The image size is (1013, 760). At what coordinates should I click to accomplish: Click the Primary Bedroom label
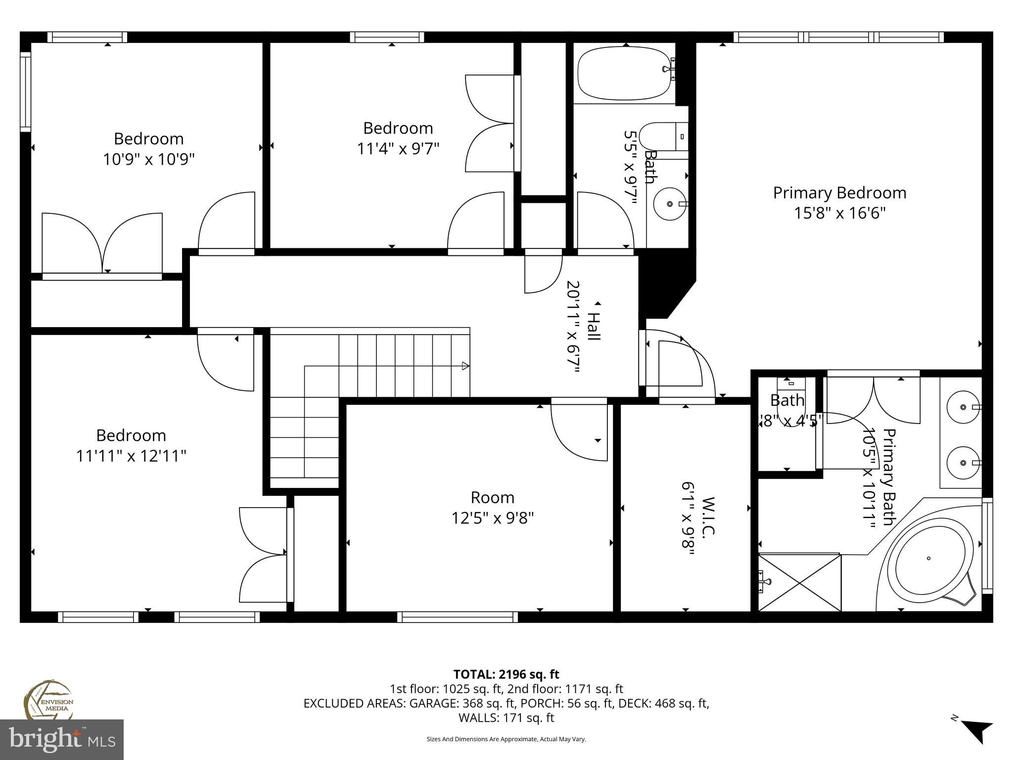coord(839,192)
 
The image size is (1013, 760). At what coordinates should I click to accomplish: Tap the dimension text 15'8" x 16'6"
coord(839,213)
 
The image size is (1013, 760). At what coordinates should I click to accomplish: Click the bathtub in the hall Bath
coord(625,73)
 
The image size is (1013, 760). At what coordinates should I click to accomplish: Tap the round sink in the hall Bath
coord(670,203)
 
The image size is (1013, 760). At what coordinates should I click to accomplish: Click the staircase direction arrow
coord(465,366)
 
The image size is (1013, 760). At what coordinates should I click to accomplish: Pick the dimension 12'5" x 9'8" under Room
coord(492,518)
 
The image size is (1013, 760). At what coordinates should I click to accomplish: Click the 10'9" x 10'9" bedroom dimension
coord(148,159)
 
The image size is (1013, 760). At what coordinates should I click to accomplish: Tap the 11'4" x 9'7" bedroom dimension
coord(398,148)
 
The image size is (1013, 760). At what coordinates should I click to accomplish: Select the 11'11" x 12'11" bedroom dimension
coord(131,456)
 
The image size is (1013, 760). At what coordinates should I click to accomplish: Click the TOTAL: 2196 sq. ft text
coord(506,674)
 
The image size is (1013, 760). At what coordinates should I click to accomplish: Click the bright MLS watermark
coord(62,740)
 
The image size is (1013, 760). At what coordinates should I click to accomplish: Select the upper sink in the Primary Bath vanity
coord(963,407)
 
